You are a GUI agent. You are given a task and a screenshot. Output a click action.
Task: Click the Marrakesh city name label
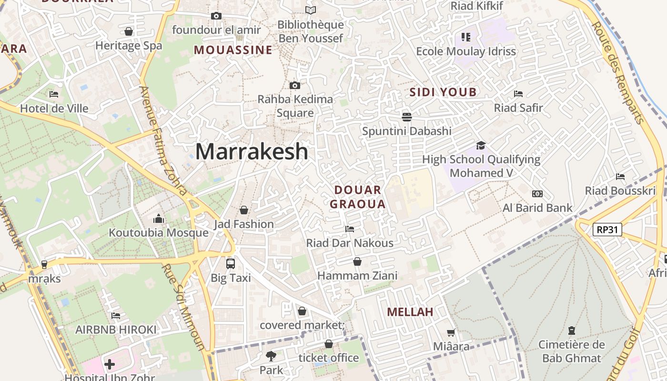tap(252, 151)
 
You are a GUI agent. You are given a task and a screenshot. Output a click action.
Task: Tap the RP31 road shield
tap(608, 230)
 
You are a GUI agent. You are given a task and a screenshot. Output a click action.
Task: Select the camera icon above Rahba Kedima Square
tap(295, 86)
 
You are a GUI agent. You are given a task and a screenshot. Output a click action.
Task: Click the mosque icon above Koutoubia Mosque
tap(159, 219)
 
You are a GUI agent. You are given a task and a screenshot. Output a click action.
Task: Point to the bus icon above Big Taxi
tap(231, 263)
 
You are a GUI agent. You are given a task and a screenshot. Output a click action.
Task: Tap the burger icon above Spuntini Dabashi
tap(406, 117)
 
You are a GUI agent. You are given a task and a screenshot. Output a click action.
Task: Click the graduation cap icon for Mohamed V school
tap(481, 145)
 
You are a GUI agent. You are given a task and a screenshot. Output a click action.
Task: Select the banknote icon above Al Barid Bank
tap(537, 194)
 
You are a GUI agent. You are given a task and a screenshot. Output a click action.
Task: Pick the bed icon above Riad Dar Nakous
tap(350, 229)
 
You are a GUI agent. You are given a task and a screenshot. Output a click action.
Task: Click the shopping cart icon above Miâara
tap(451, 332)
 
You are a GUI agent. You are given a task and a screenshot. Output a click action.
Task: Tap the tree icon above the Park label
tap(271, 355)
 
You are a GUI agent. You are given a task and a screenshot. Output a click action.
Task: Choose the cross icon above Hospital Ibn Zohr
tap(110, 364)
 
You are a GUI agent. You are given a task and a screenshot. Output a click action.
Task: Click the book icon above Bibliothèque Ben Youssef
tap(311, 10)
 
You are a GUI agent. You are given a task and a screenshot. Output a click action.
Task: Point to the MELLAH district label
tap(410, 312)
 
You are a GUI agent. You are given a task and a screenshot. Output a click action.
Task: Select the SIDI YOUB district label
tap(443, 92)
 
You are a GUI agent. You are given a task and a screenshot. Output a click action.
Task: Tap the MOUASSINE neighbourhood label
tap(233, 50)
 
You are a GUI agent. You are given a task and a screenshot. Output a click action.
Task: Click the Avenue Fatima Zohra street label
tap(163, 140)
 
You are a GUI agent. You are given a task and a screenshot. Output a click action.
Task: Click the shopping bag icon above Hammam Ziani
tap(357, 261)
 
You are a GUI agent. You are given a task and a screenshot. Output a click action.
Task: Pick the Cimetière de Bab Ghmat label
tap(571, 351)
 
